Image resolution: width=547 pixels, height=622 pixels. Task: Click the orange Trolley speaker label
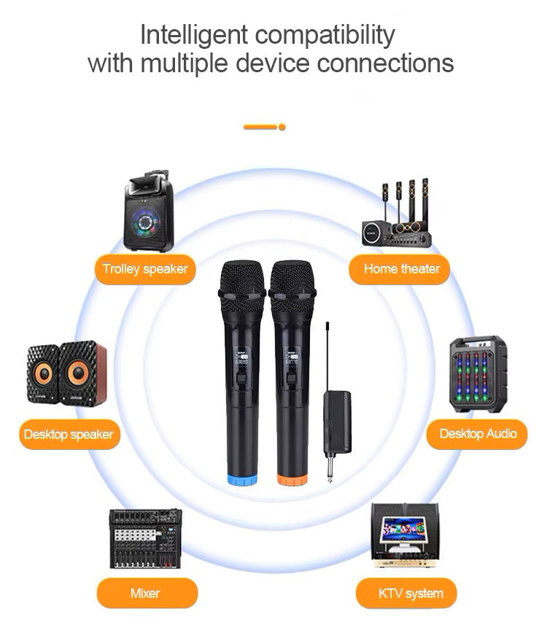pos(145,269)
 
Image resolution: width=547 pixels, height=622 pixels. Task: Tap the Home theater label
pos(402,269)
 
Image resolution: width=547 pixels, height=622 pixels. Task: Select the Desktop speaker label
pos(69,435)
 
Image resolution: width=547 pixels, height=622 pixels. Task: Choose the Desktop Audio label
pos(478,434)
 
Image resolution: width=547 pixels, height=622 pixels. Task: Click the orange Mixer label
pos(145,593)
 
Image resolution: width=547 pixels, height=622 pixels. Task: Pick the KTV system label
pos(411,593)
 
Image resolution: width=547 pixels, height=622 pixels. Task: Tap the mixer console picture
pos(145,538)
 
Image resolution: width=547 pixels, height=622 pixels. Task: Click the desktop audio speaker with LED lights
pos(478,374)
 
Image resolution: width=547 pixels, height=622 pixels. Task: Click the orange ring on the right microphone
pos(292,480)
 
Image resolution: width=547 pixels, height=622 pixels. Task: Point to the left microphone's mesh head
pos(241,280)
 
